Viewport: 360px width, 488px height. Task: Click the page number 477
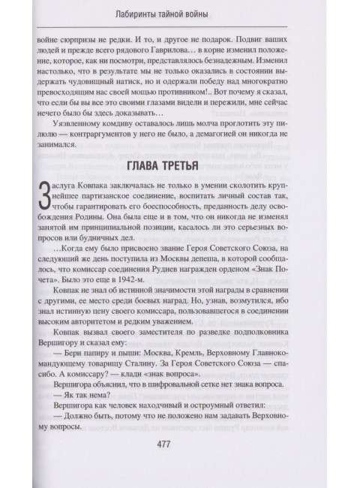[x=179, y=444]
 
